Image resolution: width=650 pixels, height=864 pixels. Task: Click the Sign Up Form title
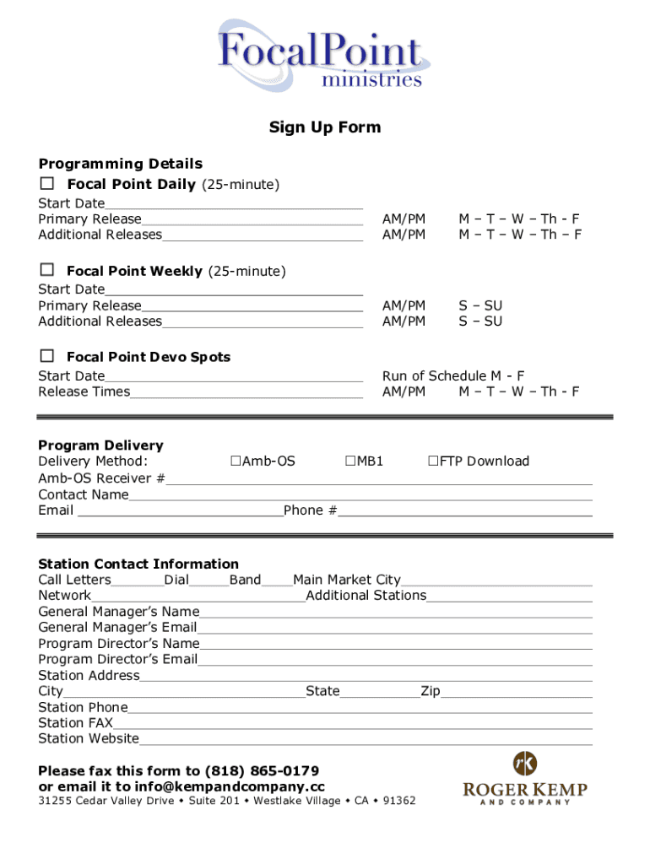point(325,127)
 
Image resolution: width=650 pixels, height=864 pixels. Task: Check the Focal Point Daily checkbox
point(48,183)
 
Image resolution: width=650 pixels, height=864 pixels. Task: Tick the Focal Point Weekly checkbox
point(48,270)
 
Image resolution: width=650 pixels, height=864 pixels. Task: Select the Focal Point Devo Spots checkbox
point(48,356)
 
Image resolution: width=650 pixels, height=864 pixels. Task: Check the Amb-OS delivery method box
point(236,461)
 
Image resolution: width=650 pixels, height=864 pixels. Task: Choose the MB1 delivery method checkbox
point(350,461)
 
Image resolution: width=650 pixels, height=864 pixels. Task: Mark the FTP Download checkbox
point(433,461)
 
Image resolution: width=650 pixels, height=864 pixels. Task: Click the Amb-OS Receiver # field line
point(379,479)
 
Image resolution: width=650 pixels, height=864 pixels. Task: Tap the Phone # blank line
point(465,510)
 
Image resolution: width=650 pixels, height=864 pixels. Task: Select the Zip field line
point(516,692)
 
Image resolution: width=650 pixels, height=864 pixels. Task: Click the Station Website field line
point(366,739)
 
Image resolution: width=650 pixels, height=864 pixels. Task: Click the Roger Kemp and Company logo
point(524,777)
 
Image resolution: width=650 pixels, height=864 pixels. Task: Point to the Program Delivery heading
point(100,445)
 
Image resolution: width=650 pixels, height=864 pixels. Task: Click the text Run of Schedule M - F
point(453,376)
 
